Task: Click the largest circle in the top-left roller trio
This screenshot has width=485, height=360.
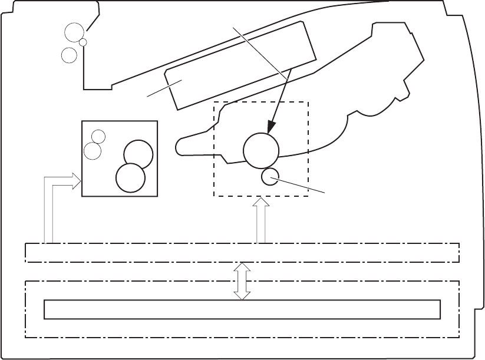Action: (74, 33)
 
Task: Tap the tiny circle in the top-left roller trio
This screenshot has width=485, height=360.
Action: (83, 42)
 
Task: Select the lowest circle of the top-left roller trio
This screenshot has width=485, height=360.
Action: (70, 55)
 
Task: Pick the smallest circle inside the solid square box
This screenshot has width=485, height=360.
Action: (99, 136)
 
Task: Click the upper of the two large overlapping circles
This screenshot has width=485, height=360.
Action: (138, 154)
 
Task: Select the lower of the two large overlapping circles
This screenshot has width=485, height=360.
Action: (130, 177)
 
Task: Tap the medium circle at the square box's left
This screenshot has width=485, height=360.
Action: (93, 151)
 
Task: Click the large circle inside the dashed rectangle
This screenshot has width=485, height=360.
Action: (261, 150)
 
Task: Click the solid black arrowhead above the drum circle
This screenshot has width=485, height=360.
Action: (272, 127)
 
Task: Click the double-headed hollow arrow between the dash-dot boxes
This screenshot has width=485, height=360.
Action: (242, 281)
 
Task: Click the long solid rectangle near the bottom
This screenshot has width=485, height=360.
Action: (242, 309)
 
